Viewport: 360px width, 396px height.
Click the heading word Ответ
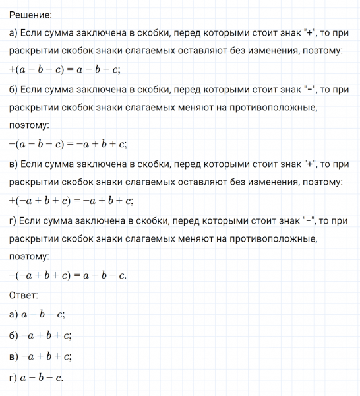tap(24, 294)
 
